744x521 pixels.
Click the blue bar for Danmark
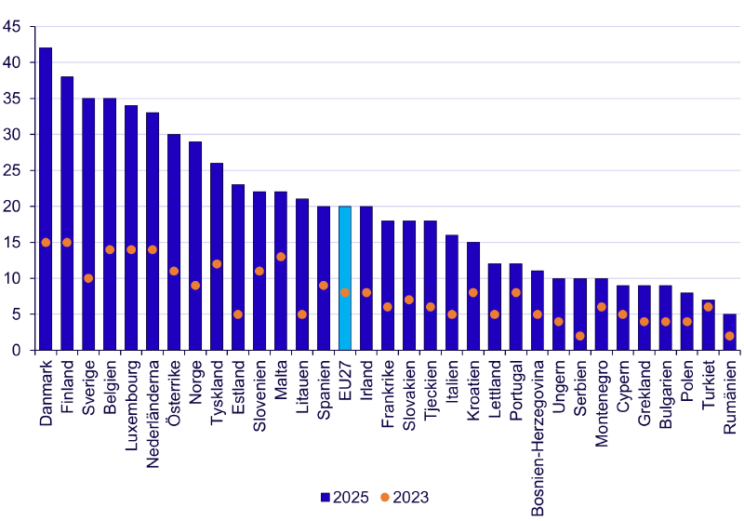pos(46,199)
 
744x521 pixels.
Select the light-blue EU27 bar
pos(345,278)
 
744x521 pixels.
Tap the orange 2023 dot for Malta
pos(281,257)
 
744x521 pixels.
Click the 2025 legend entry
pos(344,497)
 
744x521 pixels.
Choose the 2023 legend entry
pos(405,497)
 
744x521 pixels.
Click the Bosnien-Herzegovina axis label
pos(538,438)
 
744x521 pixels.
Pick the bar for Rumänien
pos(729,332)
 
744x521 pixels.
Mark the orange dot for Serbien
pos(579,336)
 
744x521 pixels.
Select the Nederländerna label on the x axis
pos(153,414)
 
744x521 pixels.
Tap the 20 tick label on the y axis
pos(11,207)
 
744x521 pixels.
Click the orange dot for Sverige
pos(88,278)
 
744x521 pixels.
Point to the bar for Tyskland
pos(217,257)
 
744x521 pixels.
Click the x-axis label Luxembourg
pos(131,406)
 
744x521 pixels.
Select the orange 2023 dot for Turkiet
pos(708,307)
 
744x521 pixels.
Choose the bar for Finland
pos(67,214)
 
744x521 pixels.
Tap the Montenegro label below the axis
pos(601,404)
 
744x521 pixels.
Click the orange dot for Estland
pos(238,314)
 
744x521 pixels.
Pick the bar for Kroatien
pos(473,296)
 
